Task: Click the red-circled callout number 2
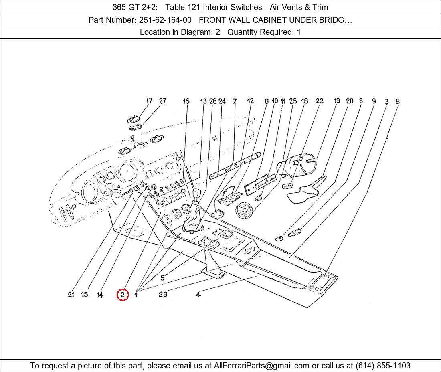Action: (123, 295)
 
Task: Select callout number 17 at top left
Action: (149, 101)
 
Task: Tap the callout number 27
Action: (162, 101)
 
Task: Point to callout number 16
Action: (186, 101)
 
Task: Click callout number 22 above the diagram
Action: (320, 101)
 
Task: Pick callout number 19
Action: (337, 101)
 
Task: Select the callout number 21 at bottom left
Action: (71, 295)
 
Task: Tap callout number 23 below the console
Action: (163, 294)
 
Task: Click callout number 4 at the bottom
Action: (198, 295)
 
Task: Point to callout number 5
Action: (162, 278)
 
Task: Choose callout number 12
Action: (250, 101)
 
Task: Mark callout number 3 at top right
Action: (386, 102)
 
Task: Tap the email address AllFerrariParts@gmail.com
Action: (262, 366)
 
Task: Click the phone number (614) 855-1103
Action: (383, 366)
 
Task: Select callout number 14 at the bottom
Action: (100, 295)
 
